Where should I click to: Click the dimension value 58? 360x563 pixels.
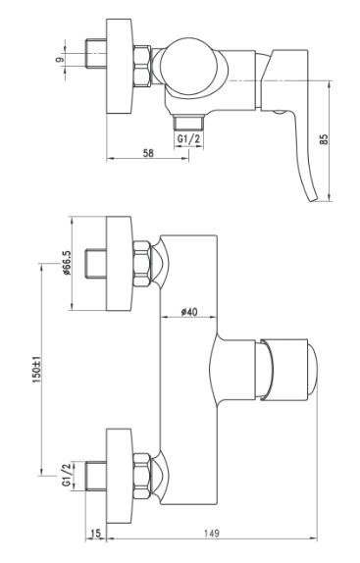pos(148,153)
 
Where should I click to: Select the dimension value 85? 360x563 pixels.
pos(324,139)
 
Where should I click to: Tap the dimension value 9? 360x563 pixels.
pos(60,58)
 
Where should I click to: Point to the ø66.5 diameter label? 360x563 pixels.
pos(67,263)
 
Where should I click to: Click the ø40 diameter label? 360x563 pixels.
pos(188,312)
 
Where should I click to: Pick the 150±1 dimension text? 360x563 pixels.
pos(37,370)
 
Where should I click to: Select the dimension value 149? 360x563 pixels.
pos(212,534)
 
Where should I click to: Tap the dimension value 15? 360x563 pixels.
pos(95,534)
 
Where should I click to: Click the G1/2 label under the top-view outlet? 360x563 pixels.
pos(188,139)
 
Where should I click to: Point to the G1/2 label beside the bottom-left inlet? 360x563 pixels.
pos(67,475)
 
